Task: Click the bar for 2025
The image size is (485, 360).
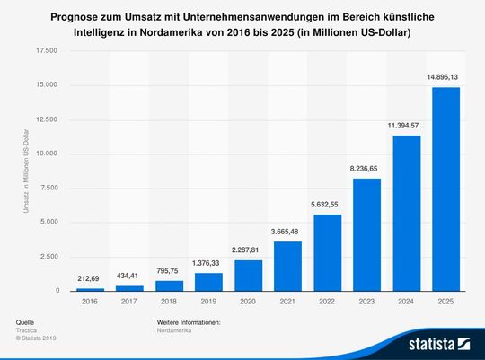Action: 445,189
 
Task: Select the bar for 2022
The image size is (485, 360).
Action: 327,252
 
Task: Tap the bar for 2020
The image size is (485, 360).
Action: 248,276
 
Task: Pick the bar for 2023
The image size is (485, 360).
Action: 366,234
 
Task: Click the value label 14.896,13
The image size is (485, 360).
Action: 445,78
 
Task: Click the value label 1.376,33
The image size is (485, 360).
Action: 208,264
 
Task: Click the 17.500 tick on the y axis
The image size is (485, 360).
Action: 46,51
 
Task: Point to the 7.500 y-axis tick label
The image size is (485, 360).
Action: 48,189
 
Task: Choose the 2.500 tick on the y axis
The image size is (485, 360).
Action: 48,257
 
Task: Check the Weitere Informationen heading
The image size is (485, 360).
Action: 189,320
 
